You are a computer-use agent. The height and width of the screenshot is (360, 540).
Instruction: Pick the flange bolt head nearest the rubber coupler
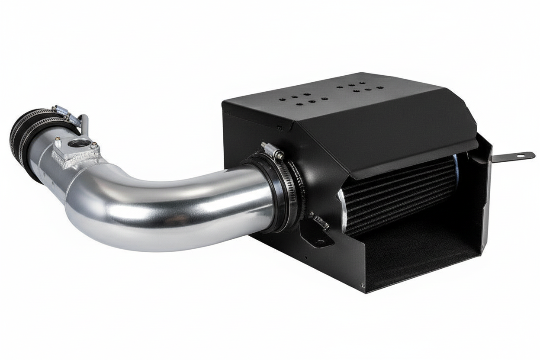pyautogui.click(x=58, y=139)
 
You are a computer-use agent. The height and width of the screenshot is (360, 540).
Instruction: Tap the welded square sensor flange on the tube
pyautogui.click(x=74, y=151)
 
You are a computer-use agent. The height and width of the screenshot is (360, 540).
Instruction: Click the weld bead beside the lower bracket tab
pyautogui.click(x=320, y=221)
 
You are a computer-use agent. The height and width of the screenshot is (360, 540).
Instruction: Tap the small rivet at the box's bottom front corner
pyautogui.click(x=362, y=285)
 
